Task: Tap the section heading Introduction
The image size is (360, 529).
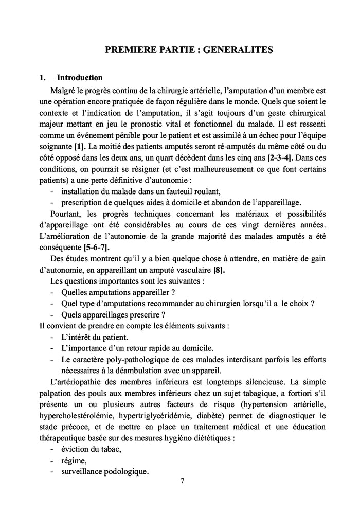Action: [x=80, y=78]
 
